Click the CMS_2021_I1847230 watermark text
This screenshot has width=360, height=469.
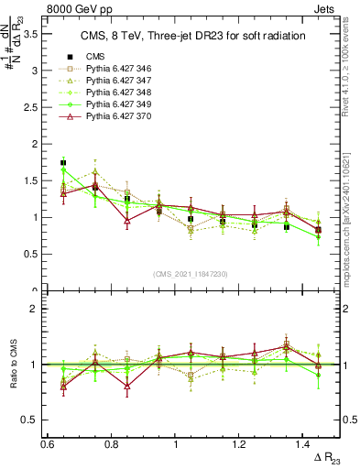191,274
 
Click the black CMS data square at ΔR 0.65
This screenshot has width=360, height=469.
63,163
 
